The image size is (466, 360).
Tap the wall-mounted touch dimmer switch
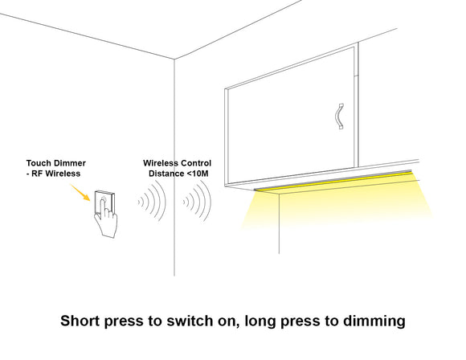pyautogui.click(x=104, y=200)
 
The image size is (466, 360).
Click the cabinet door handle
pyautogui.click(x=338, y=116)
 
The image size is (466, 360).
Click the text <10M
pyautogui.click(x=198, y=173)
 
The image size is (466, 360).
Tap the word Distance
pyautogui.click(x=167, y=173)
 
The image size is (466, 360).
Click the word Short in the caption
pyautogui.click(x=83, y=321)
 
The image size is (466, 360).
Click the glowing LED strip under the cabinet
pyautogui.click(x=333, y=182)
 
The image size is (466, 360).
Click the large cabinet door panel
pyautogui.click(x=293, y=121)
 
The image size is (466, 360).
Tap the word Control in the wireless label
pyautogui.click(x=196, y=162)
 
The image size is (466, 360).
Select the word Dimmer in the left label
pyautogui.click(x=71, y=162)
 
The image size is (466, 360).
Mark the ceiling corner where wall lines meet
pyautogui.click(x=175, y=58)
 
